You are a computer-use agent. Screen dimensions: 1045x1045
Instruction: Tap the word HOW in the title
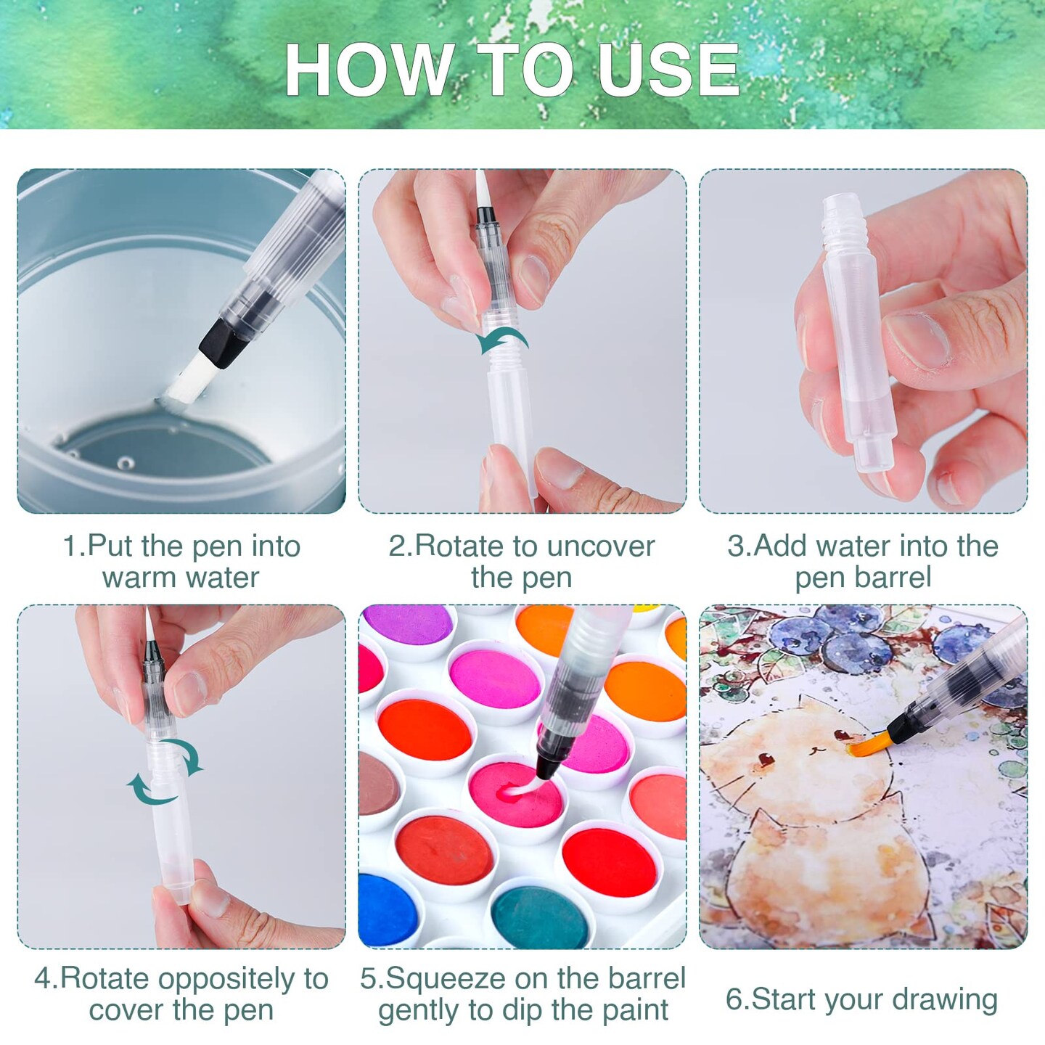tap(371, 70)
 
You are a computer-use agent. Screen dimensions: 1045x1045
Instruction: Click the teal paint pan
tap(540, 917)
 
